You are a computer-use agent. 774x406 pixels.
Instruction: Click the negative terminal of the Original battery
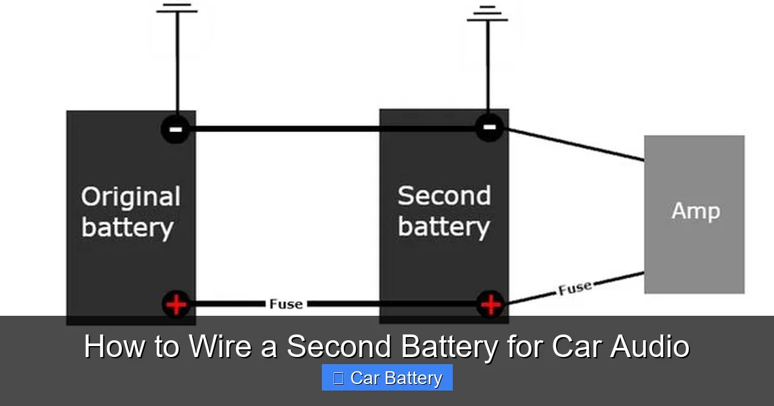click(x=175, y=130)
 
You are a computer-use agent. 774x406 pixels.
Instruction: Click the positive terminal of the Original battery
click(x=175, y=304)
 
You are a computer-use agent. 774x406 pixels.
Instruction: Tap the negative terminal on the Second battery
click(x=490, y=127)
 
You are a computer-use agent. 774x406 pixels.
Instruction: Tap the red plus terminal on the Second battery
click(x=491, y=304)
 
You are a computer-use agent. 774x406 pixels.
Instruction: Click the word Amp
click(x=695, y=211)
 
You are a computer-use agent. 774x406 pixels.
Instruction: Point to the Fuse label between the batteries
click(x=286, y=304)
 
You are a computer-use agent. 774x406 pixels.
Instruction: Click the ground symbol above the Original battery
click(x=176, y=9)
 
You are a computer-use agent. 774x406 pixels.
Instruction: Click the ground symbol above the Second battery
click(x=488, y=14)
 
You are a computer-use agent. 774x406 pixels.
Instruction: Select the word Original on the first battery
click(x=130, y=197)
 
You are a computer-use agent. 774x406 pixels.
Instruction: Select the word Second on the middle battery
click(x=444, y=195)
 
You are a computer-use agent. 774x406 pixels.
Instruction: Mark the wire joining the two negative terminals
click(x=332, y=129)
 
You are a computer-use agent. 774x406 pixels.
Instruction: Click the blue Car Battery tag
click(x=387, y=378)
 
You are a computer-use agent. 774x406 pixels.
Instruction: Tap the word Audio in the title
click(x=650, y=347)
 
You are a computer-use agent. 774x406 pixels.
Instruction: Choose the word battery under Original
click(x=128, y=227)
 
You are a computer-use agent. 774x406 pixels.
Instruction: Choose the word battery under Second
click(x=444, y=226)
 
